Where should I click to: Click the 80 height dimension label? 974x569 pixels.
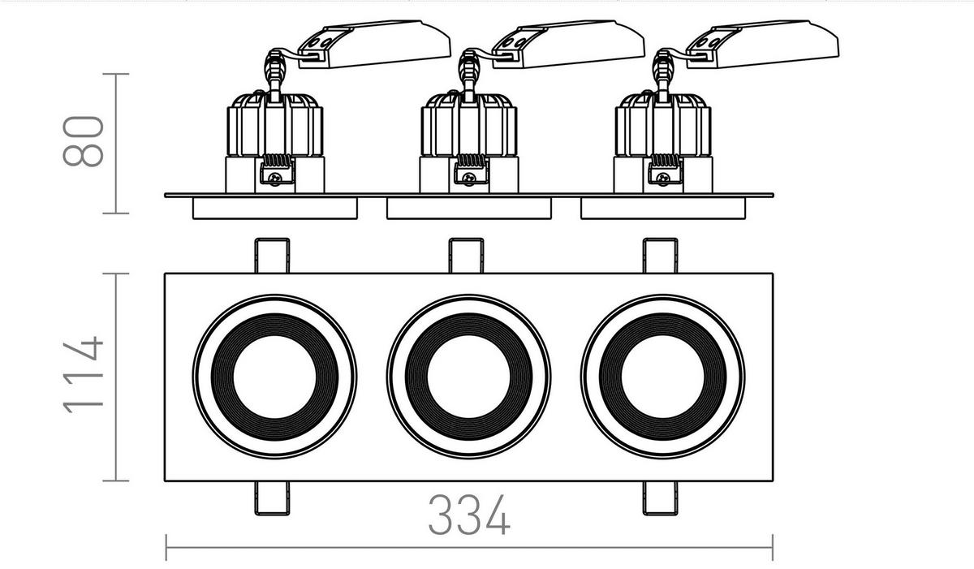pyautogui.click(x=84, y=142)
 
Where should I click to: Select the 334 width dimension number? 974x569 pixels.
pyautogui.click(x=469, y=515)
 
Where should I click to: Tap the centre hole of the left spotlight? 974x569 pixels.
pyautogui.click(x=274, y=377)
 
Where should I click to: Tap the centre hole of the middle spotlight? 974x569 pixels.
pyautogui.click(x=468, y=377)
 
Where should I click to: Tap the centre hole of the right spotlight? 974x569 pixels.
pyautogui.click(x=662, y=377)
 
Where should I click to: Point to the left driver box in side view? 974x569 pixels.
pyautogui.click(x=374, y=44)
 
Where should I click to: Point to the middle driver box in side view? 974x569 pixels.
pyautogui.click(x=568, y=44)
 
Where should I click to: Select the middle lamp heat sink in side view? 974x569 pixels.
pyautogui.click(x=468, y=126)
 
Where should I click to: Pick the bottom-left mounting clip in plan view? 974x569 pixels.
pyautogui.click(x=272, y=497)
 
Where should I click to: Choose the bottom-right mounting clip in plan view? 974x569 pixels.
pyautogui.click(x=661, y=497)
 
